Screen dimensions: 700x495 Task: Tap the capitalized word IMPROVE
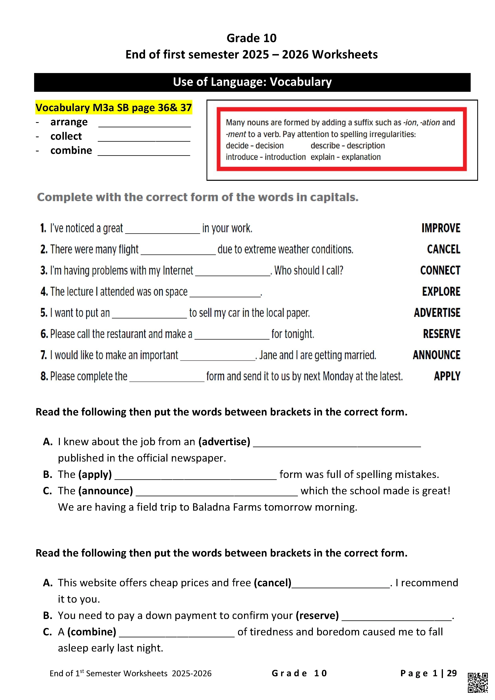[x=441, y=228]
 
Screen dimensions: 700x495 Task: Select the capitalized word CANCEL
[x=444, y=249]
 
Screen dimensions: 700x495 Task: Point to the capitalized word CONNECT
[x=440, y=270]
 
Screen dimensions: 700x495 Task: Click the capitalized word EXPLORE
[x=441, y=292]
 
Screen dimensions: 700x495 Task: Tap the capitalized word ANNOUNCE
[x=437, y=355]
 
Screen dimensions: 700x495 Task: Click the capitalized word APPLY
[x=447, y=376]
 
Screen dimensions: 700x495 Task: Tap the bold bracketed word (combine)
[x=92, y=632]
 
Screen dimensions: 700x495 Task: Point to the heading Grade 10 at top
[x=251, y=38]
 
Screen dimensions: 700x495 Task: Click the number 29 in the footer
[x=452, y=673]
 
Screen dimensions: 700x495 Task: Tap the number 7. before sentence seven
[x=43, y=355]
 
